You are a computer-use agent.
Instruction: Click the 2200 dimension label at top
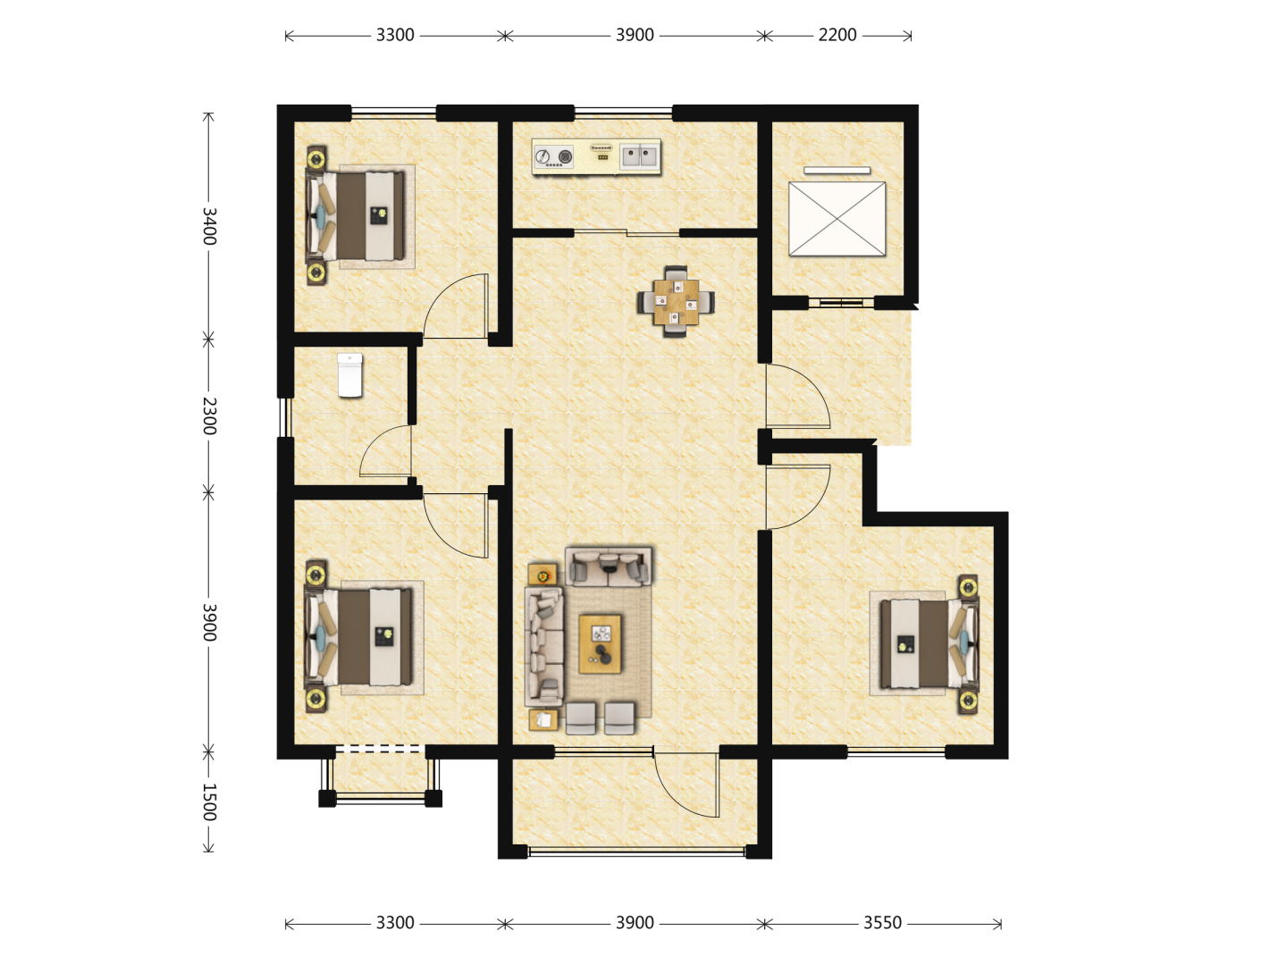(837, 35)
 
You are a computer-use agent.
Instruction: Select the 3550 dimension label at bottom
(882, 923)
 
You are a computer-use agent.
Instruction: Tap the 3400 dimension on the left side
(209, 226)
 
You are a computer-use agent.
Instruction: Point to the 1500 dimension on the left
(209, 801)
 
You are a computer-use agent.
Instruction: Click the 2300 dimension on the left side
(209, 416)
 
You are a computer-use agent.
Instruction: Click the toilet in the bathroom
(350, 375)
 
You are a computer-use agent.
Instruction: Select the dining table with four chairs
(676, 302)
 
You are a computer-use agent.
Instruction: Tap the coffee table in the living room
(600, 644)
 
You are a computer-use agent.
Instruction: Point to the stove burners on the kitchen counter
(553, 157)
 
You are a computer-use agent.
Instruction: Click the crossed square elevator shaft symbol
(837, 219)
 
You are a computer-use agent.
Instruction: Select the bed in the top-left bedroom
(356, 215)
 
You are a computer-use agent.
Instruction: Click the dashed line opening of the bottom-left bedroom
(380, 749)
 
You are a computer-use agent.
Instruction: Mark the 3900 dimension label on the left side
(209, 622)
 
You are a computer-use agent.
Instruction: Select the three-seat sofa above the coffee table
(609, 566)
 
